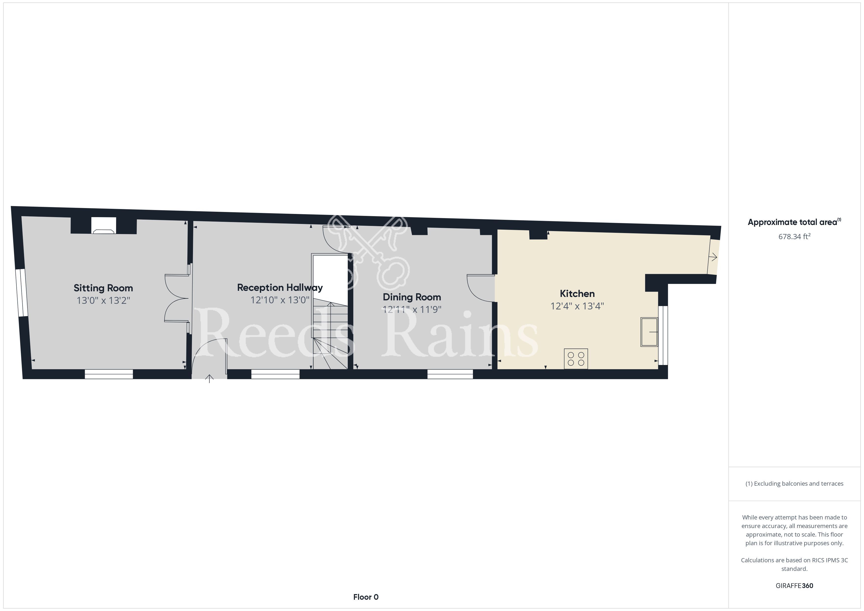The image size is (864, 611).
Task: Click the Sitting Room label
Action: (103, 288)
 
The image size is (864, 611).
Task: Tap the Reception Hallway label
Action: (280, 288)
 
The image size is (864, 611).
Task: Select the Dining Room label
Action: (412, 297)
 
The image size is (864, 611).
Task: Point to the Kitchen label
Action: (577, 294)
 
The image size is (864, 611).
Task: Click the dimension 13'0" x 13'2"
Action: (104, 301)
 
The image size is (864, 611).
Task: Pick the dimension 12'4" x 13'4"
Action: (577, 306)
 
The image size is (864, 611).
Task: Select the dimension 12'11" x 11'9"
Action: (412, 310)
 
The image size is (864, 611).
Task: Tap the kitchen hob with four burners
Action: (576, 359)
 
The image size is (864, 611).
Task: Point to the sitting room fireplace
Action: (104, 226)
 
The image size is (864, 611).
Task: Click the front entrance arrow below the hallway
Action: (209, 378)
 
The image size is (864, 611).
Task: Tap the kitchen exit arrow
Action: (713, 257)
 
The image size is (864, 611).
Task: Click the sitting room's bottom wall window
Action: (109, 374)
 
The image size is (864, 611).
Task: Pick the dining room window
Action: (450, 374)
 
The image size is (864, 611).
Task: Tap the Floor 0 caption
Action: (366, 597)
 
